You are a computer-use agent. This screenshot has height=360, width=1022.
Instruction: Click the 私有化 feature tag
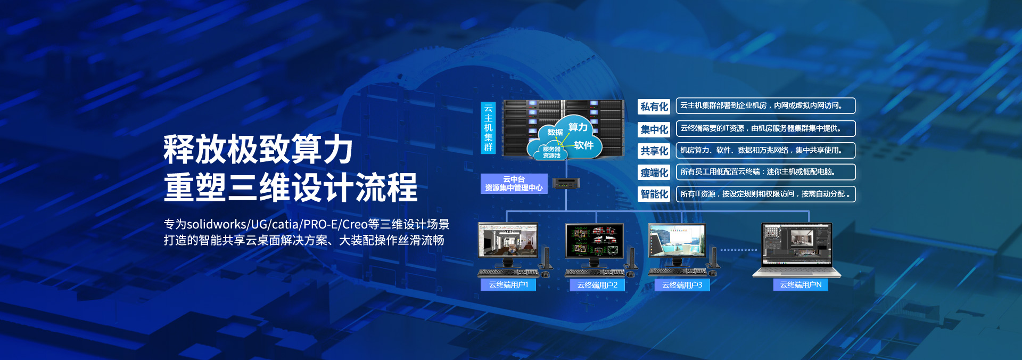tap(654, 107)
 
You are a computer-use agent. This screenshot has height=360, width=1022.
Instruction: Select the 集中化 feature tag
tap(654, 129)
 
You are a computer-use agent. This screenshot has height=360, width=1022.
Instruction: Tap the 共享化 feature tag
tap(654, 151)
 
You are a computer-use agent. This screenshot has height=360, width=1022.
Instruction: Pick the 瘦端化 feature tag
tap(654, 173)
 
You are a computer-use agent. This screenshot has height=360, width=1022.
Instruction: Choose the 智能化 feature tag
tap(654, 194)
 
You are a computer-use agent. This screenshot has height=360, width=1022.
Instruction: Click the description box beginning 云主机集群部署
tap(765, 105)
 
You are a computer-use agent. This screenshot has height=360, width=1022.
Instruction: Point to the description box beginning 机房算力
tap(765, 150)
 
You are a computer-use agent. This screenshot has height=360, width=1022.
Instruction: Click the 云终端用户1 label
tap(508, 285)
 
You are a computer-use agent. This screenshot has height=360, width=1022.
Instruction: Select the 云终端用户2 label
tap(597, 285)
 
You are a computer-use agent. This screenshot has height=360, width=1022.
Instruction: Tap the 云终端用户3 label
tap(682, 285)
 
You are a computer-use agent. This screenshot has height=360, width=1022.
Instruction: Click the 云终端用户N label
tap(801, 285)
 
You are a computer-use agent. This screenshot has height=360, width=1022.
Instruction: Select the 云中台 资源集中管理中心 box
tap(514, 184)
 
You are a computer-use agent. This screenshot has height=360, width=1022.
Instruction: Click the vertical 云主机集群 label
tap(488, 128)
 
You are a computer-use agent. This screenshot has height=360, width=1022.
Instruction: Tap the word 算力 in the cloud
tap(578, 127)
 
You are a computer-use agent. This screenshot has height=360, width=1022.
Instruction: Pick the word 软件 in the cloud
tap(583, 145)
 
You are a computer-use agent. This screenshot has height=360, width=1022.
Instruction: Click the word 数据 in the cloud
tap(555, 132)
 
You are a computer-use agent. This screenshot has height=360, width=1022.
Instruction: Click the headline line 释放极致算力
tap(258, 150)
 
